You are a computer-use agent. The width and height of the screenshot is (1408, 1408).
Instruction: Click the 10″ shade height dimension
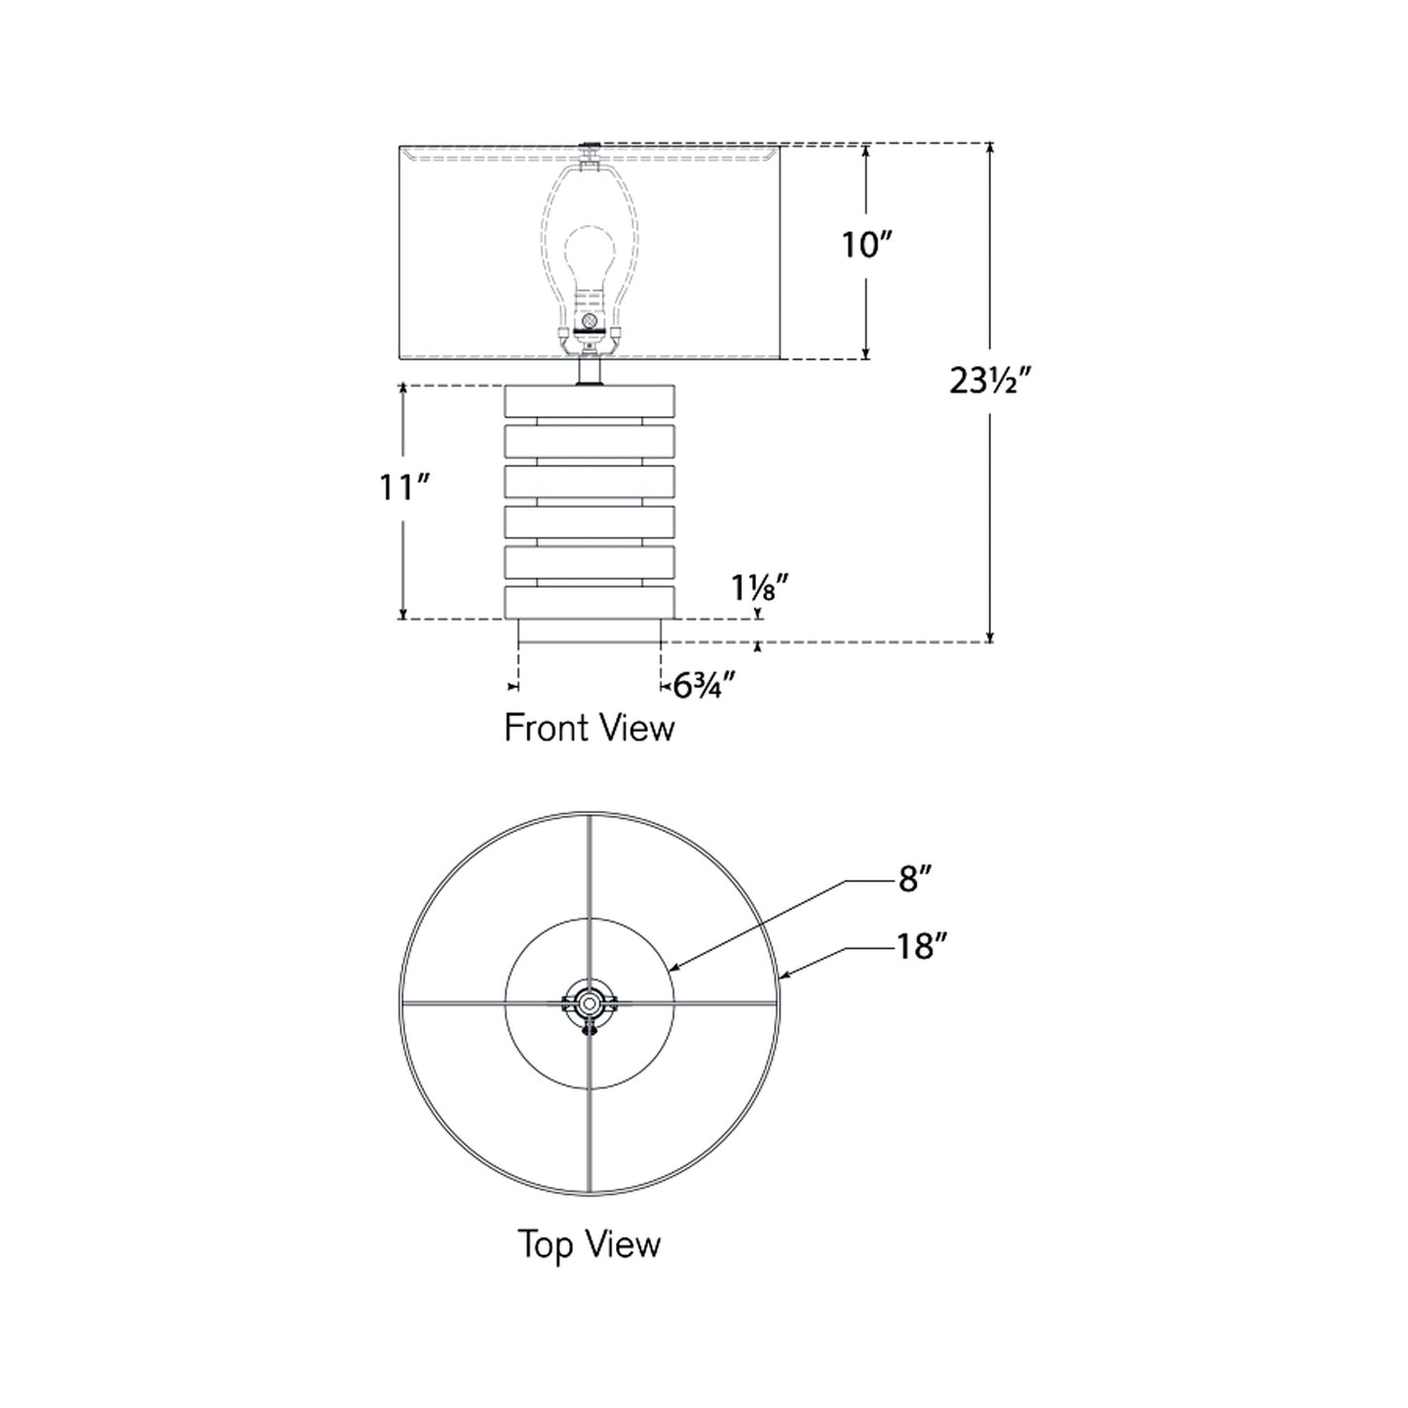coord(866,245)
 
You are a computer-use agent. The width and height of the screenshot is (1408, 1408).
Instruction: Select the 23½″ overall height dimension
coord(989,381)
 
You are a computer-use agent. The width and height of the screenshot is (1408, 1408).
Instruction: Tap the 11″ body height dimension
coord(404,486)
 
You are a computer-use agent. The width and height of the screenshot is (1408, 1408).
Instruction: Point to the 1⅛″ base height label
coord(759,588)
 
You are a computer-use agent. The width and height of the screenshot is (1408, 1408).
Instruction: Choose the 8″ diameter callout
coord(915,880)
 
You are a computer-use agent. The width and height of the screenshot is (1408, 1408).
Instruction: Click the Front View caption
coord(589,728)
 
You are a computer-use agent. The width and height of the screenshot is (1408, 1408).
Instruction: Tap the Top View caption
coord(589,1244)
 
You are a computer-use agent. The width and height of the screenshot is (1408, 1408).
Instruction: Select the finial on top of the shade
coord(590,146)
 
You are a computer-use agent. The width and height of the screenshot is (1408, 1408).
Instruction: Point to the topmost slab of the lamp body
coord(590,400)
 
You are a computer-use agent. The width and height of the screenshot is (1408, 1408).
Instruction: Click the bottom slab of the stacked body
coord(590,601)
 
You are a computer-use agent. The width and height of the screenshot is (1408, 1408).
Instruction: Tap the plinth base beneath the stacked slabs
coord(590,630)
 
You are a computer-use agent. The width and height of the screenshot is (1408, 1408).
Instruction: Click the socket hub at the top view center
coord(589,1003)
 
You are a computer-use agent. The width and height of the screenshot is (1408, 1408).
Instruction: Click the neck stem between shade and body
coord(590,372)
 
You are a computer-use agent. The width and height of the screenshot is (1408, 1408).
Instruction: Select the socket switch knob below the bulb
coord(589,321)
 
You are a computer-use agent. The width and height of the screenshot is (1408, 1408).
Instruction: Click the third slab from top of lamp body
coord(590,480)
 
